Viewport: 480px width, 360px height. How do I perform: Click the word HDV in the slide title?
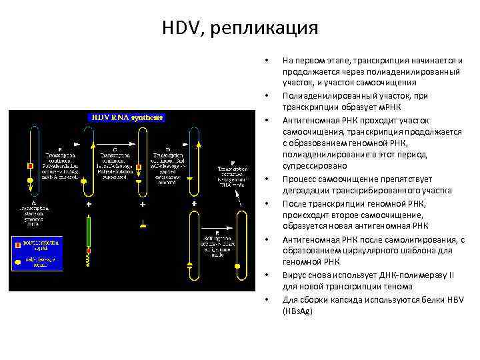click(x=178, y=28)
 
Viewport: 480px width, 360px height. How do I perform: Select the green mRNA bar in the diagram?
click(x=89, y=230)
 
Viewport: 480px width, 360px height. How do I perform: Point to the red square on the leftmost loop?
click(x=29, y=165)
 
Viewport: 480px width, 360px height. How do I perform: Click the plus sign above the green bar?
click(x=89, y=203)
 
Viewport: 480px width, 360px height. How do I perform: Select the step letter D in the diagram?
click(x=167, y=148)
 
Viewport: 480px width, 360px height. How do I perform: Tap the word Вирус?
click(x=295, y=274)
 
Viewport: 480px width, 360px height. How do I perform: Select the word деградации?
click(x=305, y=191)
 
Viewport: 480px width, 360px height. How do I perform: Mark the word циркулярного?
click(x=369, y=251)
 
